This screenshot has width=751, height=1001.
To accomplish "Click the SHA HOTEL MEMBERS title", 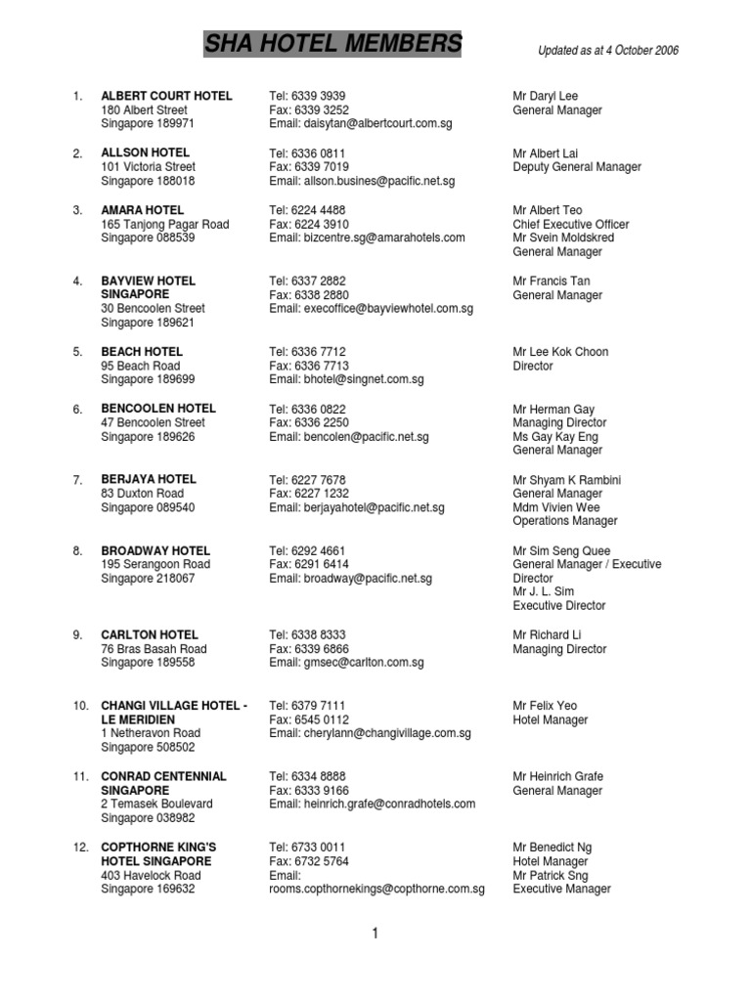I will (332, 44).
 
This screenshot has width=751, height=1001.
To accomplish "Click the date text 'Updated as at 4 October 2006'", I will (608, 51).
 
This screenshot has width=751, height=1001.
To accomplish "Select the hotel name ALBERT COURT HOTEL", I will (166, 96).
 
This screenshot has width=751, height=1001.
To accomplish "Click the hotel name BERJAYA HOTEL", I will (149, 479).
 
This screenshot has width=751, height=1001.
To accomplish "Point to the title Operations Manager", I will (565, 521).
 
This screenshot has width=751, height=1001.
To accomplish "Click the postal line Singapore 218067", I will (149, 578).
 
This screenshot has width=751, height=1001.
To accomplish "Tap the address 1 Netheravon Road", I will (151, 732).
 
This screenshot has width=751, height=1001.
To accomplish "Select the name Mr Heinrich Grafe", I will (558, 776).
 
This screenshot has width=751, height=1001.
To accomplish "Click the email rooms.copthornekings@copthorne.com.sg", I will (377, 889).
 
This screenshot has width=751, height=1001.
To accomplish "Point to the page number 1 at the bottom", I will (375, 934).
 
